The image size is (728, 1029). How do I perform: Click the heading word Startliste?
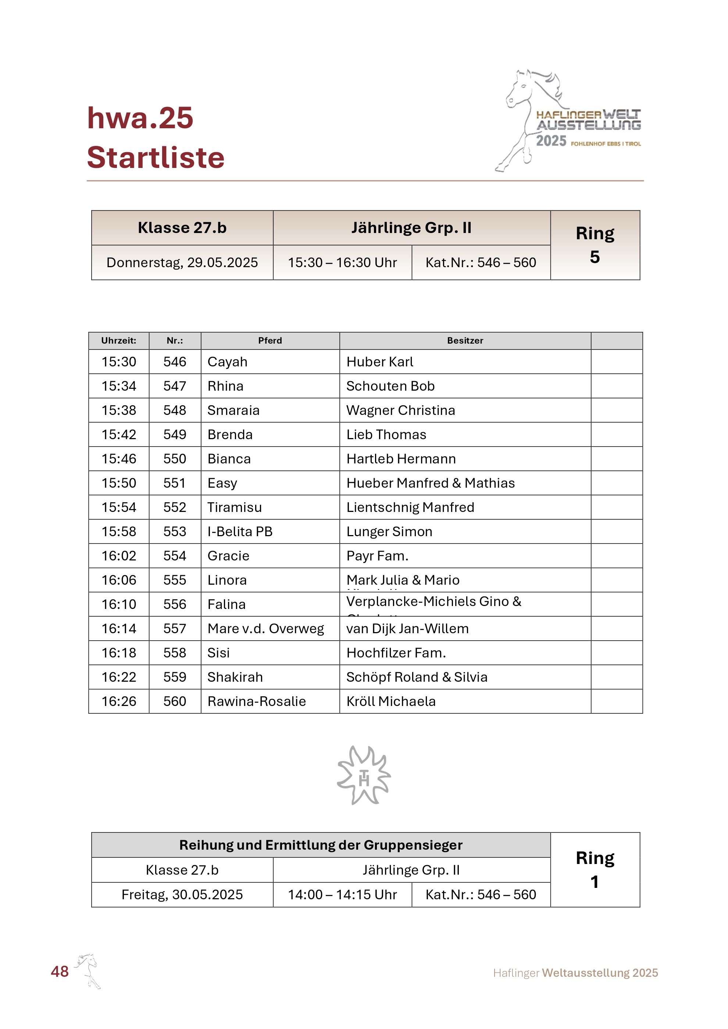[155, 158]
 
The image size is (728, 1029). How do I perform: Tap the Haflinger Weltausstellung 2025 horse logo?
[568, 120]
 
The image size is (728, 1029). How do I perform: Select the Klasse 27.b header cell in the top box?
[182, 228]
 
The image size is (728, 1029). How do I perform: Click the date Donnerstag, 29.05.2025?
[182, 263]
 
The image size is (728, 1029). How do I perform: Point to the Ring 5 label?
[595, 245]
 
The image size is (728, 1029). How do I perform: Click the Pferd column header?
[270, 341]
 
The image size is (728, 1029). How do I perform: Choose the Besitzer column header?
[465, 341]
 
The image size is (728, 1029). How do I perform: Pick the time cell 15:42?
[119, 435]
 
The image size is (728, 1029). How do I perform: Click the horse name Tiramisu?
[235, 507]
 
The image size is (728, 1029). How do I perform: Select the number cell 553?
[174, 531]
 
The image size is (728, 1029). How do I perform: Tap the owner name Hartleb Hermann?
[401, 459]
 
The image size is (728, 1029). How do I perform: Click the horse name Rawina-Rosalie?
[256, 702]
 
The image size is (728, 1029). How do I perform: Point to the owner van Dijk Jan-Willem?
[407, 629]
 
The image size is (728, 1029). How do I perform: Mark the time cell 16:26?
[119, 702]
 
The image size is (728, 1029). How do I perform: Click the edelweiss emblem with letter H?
[364, 775]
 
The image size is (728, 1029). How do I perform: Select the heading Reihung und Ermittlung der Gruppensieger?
[321, 845]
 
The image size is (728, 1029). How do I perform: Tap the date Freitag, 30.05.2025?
[182, 894]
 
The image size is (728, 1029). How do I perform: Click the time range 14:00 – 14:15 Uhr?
[342, 894]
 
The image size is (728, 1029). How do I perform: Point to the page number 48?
[60, 971]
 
